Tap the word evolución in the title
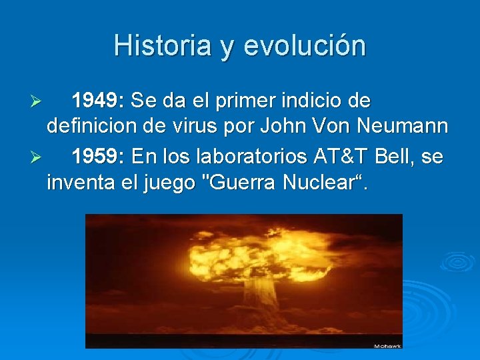coord(305,46)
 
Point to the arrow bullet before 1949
coord(37,102)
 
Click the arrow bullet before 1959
coord(37,157)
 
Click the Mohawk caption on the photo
coord(387,345)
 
